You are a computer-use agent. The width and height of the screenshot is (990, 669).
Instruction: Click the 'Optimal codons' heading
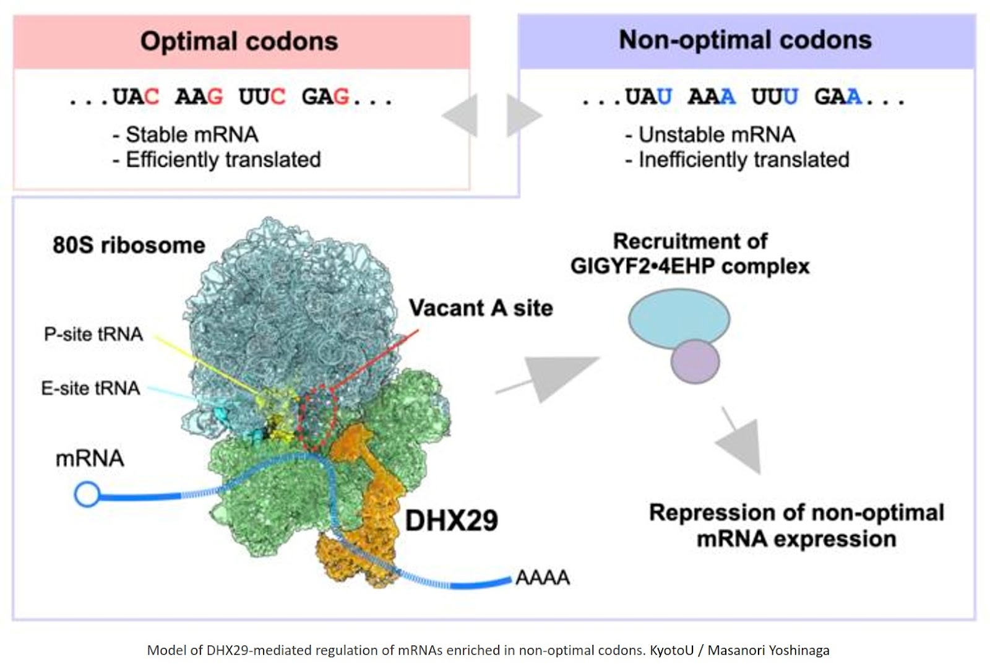pos(239,41)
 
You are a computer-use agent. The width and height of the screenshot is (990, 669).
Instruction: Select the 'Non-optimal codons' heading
pos(745,40)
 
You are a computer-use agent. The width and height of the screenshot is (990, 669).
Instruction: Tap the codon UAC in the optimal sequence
pos(136,97)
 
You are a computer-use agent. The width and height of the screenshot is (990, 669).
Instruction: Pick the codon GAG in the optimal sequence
pos(325,97)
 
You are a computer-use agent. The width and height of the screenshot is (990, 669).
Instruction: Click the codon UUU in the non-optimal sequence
pos(775,97)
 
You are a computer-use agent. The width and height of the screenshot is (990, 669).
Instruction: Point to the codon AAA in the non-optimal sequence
pos(712,97)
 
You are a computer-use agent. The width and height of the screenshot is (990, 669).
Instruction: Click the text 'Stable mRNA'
pos(192,134)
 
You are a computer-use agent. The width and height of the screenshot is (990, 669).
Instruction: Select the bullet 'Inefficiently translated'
pos(743,160)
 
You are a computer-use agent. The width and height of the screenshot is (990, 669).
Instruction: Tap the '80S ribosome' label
pos(129,245)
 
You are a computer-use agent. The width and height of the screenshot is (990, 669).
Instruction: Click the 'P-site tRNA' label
pos(93,334)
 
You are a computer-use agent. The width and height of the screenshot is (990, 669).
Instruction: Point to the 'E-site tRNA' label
pos(90,389)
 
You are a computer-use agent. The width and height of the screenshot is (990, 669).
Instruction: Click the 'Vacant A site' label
pos(481,308)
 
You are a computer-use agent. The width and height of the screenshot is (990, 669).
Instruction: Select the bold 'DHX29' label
pos(452,520)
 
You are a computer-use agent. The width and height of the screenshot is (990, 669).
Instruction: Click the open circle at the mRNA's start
pos(87,494)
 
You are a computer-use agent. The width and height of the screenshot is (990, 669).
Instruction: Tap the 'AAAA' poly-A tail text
pos(542,577)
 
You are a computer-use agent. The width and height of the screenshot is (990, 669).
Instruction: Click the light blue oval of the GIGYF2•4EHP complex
pos(679,318)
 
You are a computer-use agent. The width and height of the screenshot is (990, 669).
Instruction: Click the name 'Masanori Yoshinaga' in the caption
pos(768,650)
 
